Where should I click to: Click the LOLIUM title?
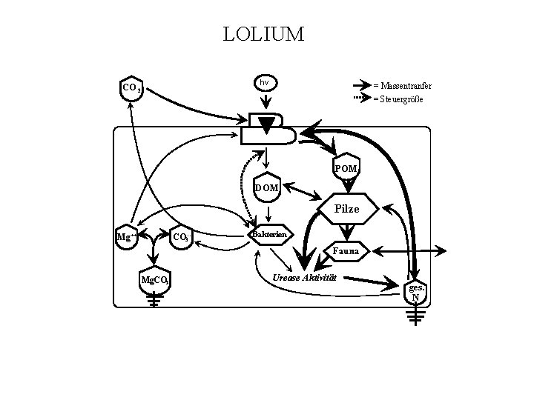(263, 34)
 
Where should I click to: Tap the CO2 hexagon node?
(132, 87)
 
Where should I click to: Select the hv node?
(264, 82)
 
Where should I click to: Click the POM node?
(346, 168)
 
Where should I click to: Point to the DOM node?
(266, 187)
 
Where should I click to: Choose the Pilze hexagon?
(346, 209)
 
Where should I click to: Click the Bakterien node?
(269, 235)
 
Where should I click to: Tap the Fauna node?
(346, 251)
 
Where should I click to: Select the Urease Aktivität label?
(305, 277)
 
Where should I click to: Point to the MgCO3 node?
(156, 281)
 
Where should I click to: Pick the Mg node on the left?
(125, 237)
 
